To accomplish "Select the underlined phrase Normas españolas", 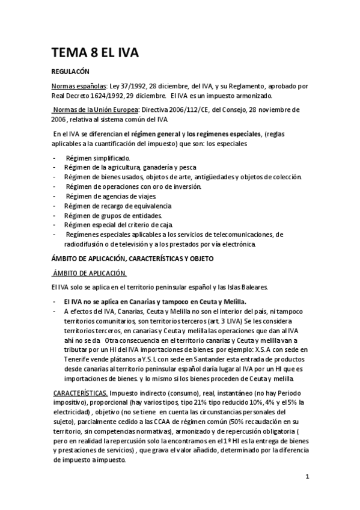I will [x=79, y=86].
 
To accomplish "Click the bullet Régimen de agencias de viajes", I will [x=111, y=196].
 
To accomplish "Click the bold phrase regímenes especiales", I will [x=220, y=134].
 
